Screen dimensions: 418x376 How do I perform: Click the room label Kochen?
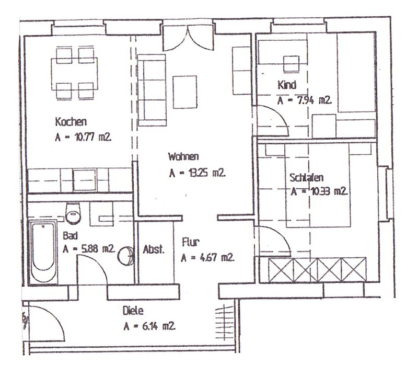pos(71,122)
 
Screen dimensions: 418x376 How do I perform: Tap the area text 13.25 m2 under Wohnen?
pos(198,173)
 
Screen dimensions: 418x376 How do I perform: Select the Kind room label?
pos(287,85)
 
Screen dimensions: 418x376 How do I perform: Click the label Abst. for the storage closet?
pos(154,249)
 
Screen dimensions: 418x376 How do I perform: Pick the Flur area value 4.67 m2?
pos(207,258)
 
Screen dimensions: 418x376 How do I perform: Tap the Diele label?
pos(133,311)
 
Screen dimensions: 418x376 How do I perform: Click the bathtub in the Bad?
pos(43,252)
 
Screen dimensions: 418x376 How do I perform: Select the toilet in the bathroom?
pos(73,213)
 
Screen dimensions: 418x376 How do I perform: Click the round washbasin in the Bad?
pos(125,255)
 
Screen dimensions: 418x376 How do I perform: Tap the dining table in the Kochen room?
pos(74,74)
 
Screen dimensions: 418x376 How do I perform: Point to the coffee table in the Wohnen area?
pos(185,92)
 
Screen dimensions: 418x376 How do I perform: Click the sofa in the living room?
pos(152,90)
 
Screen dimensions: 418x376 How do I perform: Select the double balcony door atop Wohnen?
pos(188,38)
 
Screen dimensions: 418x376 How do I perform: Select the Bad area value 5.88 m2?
pos(89,249)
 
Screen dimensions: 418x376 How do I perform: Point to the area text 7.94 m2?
pos(305,100)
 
